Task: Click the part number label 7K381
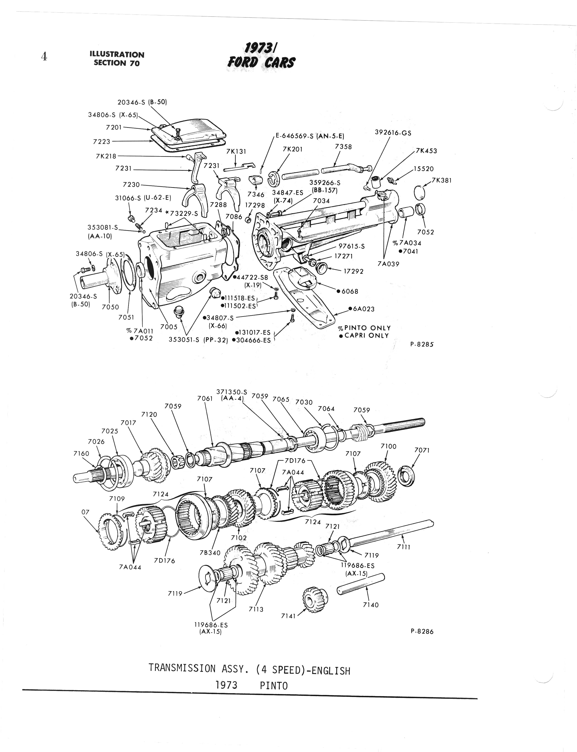(x=442, y=180)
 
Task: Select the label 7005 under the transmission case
(x=169, y=327)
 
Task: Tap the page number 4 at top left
(x=44, y=56)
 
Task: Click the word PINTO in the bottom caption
(x=274, y=685)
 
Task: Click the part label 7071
(x=422, y=450)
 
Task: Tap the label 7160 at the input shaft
(x=81, y=454)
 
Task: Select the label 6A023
(x=362, y=309)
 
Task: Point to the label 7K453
(x=426, y=151)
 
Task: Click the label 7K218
(x=106, y=156)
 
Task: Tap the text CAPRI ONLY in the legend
(x=366, y=335)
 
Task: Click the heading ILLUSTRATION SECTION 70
(x=117, y=59)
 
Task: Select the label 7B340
(x=210, y=553)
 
